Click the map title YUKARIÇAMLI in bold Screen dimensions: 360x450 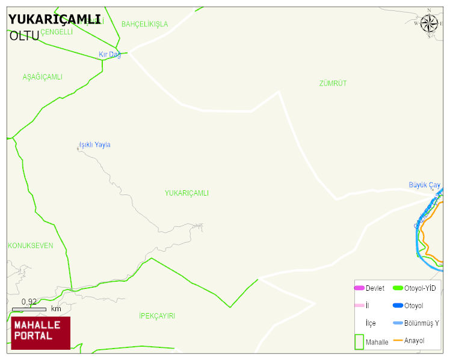point(54,19)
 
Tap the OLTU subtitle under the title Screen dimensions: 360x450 point(24,36)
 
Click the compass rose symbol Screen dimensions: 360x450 point(429,23)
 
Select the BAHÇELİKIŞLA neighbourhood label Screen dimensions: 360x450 point(144,24)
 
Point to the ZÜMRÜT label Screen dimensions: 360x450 point(333,83)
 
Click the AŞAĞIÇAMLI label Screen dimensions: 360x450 point(42,77)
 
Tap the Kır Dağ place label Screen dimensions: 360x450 point(110,55)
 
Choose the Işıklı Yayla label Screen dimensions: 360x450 point(95,145)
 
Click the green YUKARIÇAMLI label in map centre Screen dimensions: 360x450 point(186,193)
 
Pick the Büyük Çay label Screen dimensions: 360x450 point(425,185)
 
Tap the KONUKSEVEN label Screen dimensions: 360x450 point(30,246)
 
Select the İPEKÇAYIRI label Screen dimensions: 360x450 point(156,316)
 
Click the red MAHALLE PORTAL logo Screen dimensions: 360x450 point(40,333)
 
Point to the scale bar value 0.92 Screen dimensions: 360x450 point(29,302)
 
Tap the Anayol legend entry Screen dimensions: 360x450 point(414,341)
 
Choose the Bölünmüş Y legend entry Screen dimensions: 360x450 point(421,323)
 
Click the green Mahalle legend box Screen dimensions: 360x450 point(359,341)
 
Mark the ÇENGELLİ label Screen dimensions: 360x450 point(57,32)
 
